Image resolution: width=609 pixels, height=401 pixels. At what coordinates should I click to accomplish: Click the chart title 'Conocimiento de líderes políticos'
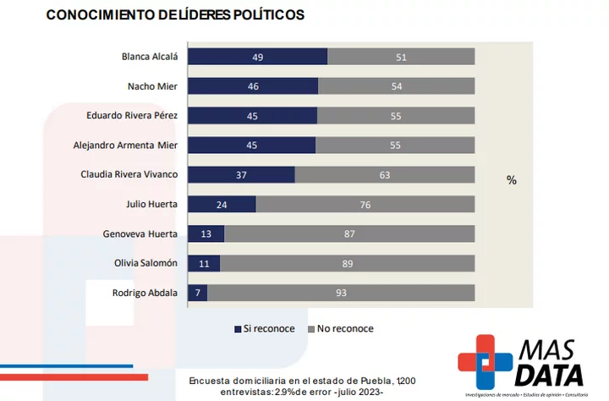175,15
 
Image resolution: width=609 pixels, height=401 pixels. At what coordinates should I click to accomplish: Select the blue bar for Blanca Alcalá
257,57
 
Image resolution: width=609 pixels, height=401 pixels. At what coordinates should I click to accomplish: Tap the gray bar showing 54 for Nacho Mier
396,86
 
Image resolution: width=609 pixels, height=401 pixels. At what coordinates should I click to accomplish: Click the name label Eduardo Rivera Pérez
132,115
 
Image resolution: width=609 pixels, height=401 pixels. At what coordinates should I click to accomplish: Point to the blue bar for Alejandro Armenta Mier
251,145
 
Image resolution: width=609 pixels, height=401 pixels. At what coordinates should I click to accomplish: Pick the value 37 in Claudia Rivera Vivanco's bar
241,174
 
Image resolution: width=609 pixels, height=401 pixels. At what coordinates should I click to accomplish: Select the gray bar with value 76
365,204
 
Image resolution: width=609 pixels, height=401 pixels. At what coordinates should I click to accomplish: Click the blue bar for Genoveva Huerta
206,233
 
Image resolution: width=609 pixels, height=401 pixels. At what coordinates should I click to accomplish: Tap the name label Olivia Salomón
145,263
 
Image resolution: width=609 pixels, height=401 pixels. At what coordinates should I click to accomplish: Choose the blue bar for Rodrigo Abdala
197,293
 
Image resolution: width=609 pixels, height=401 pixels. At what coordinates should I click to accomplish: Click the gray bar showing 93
341,293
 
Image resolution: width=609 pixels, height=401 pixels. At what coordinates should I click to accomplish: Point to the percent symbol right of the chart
511,180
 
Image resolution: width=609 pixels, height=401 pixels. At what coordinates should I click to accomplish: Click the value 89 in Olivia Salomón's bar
347,263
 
